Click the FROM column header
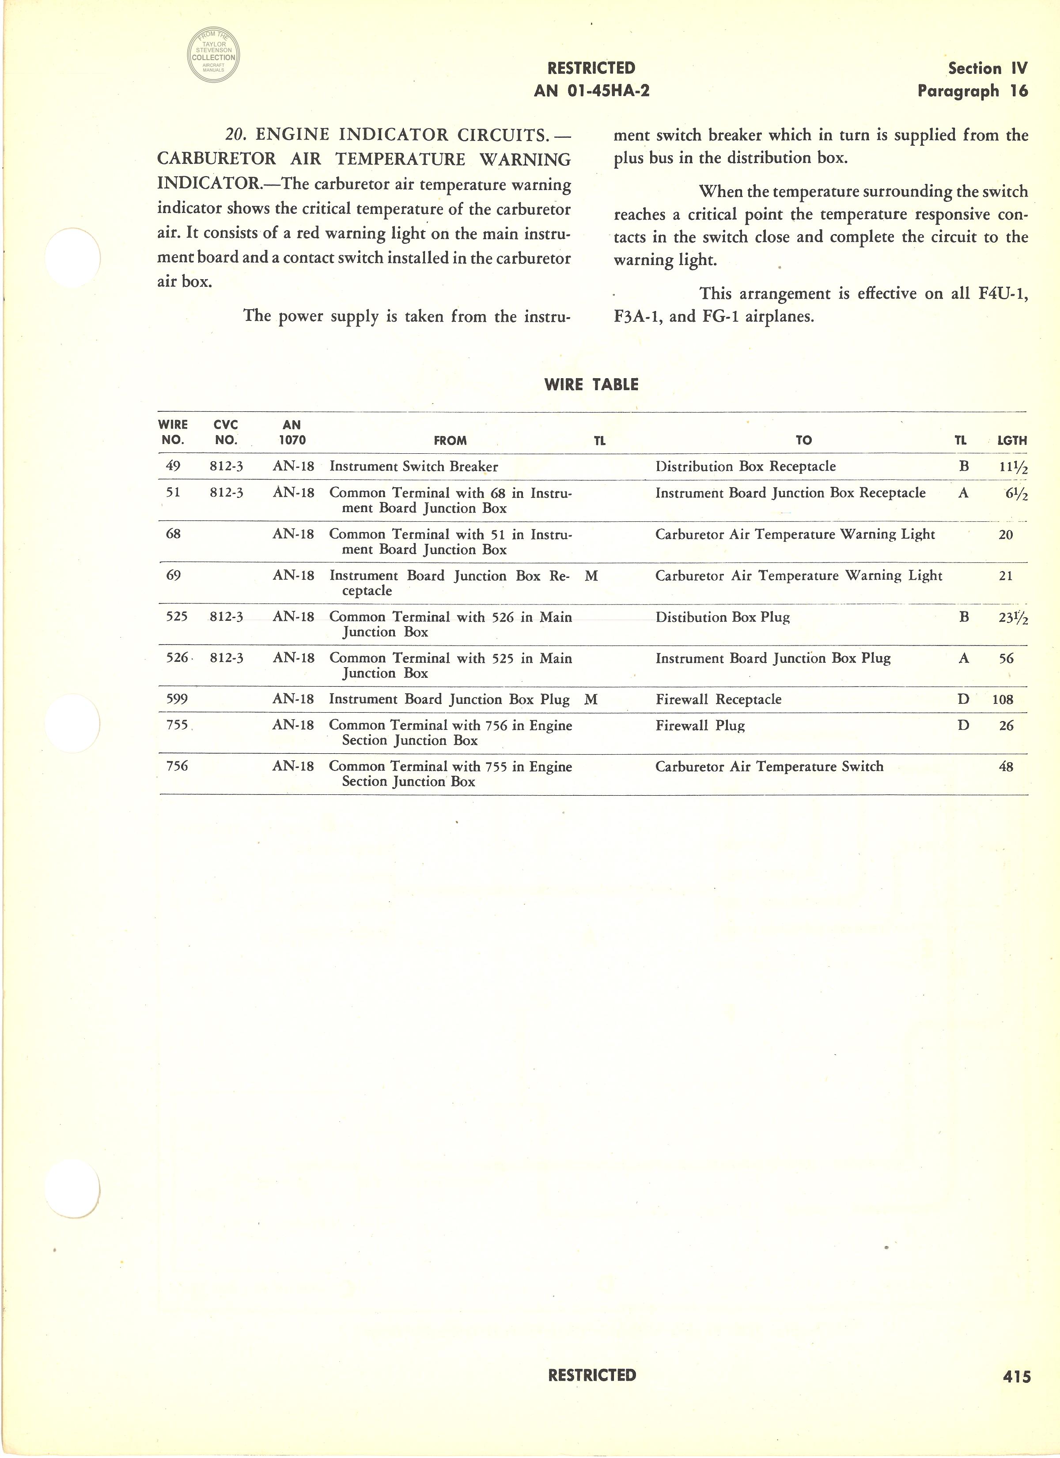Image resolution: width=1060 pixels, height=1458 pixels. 450,441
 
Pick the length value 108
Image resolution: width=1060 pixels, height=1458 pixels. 1003,699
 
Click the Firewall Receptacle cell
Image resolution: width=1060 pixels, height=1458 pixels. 718,699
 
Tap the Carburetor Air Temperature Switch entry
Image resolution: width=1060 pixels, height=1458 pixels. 769,766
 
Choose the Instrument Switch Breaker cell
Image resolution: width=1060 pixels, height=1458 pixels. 413,467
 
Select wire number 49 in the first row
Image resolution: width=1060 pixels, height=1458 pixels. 173,467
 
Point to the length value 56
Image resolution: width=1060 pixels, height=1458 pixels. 1006,658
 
